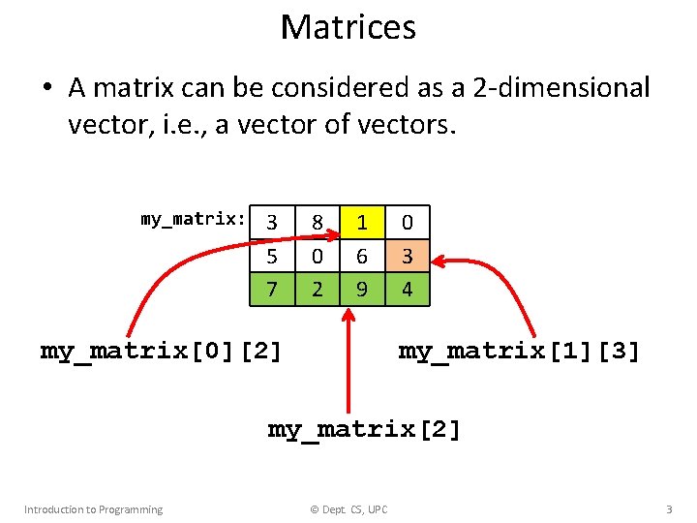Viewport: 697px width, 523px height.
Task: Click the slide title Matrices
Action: click(348, 27)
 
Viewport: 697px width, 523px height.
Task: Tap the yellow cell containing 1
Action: click(361, 223)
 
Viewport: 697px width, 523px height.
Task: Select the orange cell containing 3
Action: click(408, 257)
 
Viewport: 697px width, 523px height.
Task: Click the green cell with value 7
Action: click(272, 289)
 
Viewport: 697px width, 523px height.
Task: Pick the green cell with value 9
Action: click(361, 289)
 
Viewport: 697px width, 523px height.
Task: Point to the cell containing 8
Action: click(317, 223)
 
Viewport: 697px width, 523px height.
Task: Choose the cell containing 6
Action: click(361, 257)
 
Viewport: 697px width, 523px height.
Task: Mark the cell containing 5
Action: click(272, 257)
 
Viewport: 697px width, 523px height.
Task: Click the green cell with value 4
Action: click(408, 289)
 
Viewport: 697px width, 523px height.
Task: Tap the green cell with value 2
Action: click(317, 289)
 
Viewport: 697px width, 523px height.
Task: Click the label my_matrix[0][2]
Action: click(162, 351)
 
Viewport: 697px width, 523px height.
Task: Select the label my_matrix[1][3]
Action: click(519, 351)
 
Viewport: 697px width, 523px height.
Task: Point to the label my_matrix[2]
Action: click(364, 428)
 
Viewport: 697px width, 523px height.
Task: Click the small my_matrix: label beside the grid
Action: click(193, 219)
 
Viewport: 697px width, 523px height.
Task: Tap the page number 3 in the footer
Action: click(668, 508)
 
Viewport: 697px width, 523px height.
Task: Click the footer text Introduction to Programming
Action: click(93, 509)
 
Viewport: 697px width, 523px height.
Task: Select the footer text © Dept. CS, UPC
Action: click(348, 509)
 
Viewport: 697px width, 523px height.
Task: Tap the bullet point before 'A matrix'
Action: click(46, 89)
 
